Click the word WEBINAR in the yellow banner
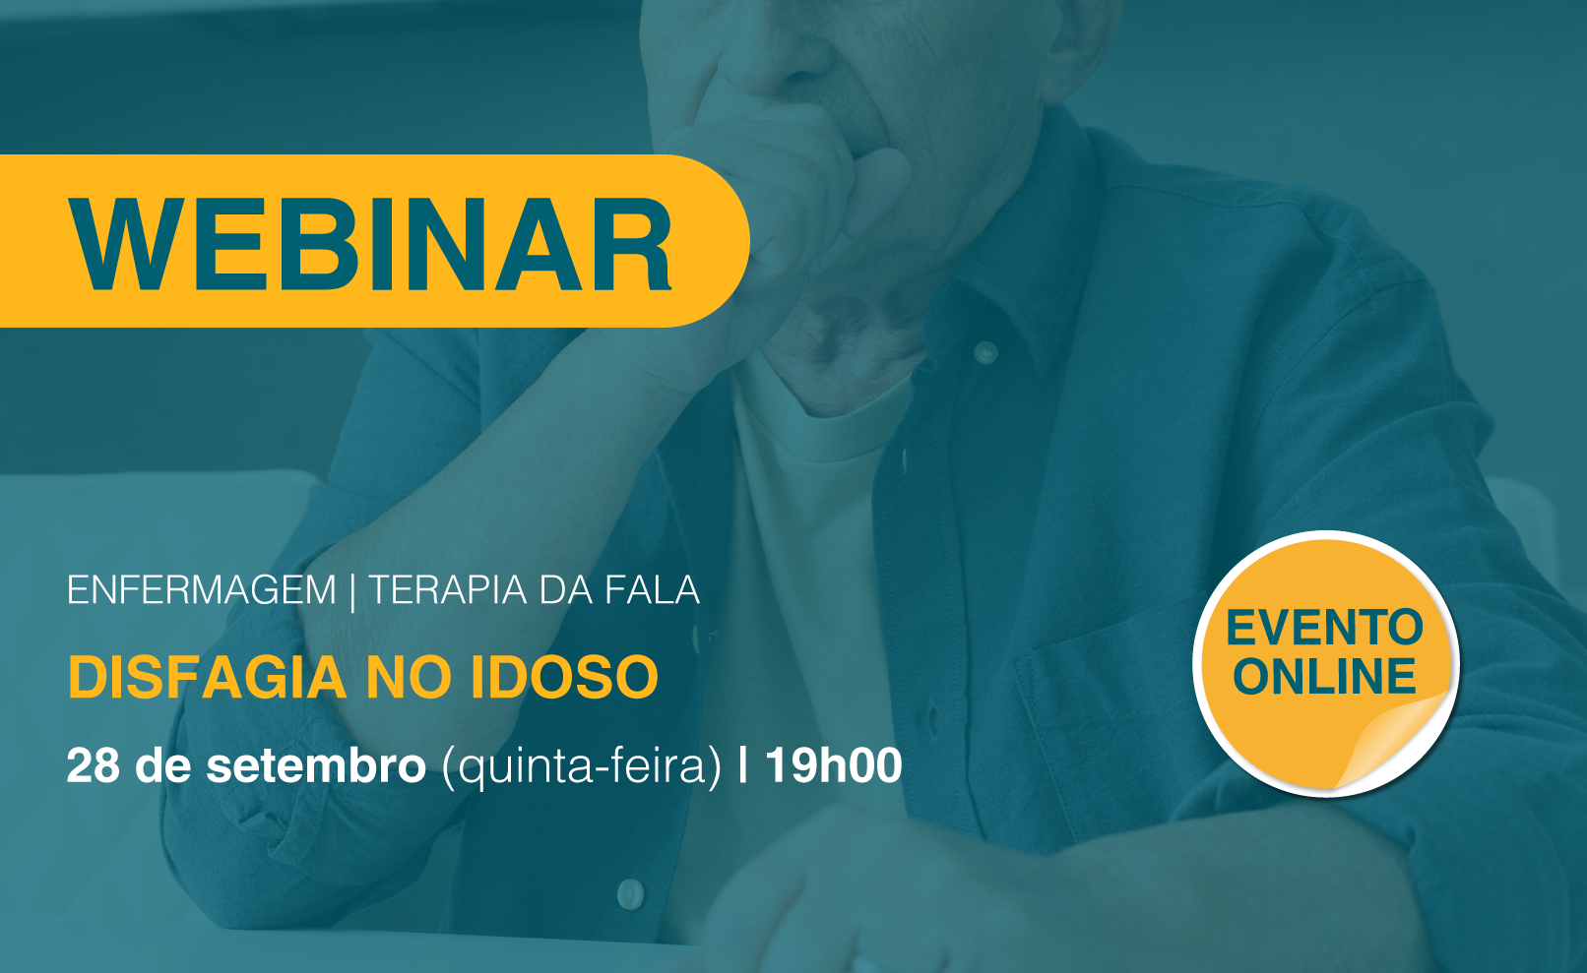tap(370, 243)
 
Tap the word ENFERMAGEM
tap(201, 589)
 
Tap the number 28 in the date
tap(93, 764)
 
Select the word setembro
tap(316, 764)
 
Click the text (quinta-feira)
tap(581, 766)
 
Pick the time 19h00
tap(834, 764)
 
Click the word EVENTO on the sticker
tap(1324, 628)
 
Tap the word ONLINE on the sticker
tap(1324, 675)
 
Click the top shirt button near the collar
tap(984, 352)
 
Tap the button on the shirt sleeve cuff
tap(629, 893)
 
